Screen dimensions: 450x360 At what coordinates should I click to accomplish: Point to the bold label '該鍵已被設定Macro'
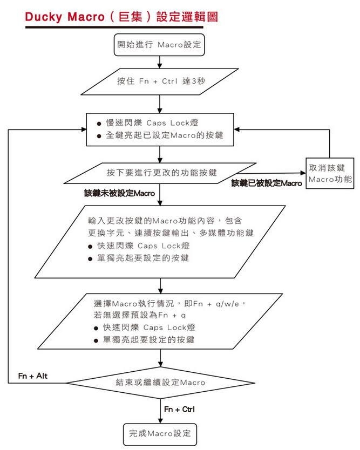267,183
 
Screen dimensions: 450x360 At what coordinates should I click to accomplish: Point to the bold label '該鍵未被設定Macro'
119,193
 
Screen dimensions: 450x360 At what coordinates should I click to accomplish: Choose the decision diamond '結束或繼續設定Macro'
160,382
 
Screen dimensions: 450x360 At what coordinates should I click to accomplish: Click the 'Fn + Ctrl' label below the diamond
179,410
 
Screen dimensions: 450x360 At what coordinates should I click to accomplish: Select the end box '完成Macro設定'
160,433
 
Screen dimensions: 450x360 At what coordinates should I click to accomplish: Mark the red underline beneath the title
114,27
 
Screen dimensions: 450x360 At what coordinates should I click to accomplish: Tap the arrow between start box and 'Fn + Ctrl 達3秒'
159,61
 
